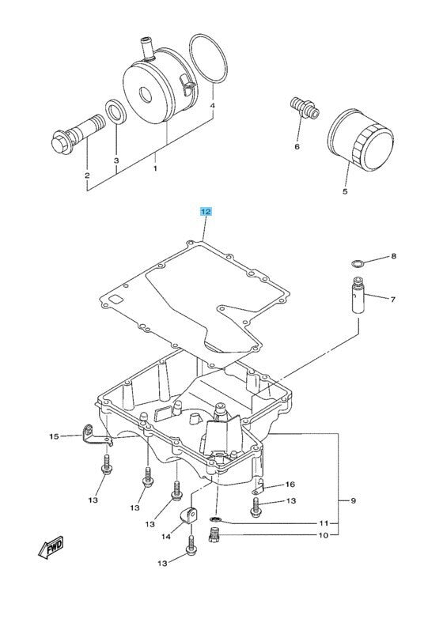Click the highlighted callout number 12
206,211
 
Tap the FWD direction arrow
51,547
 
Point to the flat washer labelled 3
115,111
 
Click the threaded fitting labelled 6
305,108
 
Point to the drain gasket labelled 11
216,519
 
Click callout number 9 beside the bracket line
353,500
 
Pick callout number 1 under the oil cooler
155,168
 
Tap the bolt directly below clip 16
256,506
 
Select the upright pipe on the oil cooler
146,47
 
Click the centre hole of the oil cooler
145,95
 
